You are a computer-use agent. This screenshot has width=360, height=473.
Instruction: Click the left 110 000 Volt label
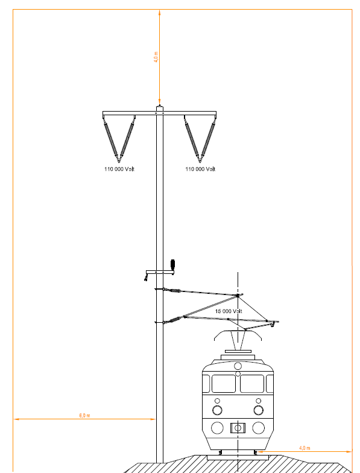tap(119, 169)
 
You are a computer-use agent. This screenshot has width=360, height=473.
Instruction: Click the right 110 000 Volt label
tap(200, 169)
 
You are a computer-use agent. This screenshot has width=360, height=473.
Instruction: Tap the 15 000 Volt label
tap(229, 311)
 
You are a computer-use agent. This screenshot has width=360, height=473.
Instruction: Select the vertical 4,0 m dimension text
tap(156, 57)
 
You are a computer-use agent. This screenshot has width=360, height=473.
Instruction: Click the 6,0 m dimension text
tap(84, 415)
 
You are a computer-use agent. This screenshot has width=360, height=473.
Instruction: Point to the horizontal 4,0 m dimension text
tap(305, 448)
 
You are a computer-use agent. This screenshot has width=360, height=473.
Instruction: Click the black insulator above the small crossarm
tap(172, 264)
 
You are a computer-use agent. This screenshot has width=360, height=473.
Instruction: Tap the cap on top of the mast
tap(160, 109)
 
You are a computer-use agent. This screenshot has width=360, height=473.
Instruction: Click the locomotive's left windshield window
tap(223, 384)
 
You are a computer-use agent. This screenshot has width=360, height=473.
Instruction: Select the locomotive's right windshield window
tap(252, 384)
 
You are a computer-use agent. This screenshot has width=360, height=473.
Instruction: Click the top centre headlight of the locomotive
tap(238, 366)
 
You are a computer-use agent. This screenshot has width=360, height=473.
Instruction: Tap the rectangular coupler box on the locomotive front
tap(238, 428)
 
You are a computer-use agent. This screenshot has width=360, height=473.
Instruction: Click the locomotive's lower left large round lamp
tap(217, 428)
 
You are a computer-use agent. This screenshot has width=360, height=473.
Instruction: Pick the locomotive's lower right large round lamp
tap(258, 428)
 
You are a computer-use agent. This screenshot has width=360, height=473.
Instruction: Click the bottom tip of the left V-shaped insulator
tap(119, 162)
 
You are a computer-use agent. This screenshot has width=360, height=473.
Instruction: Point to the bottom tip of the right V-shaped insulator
tap(200, 162)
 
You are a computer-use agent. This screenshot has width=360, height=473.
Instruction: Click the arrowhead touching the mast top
tap(160, 102)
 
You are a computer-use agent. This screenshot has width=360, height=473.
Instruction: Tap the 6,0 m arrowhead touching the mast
tap(153, 419)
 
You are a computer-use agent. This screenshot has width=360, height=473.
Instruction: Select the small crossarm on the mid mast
tap(160, 272)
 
